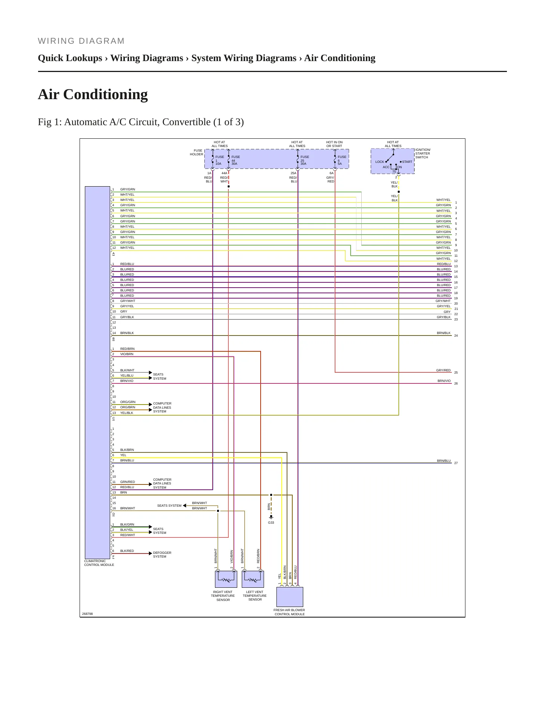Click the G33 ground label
pos(271,523)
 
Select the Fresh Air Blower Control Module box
pos(290,597)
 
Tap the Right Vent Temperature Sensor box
pos(226,579)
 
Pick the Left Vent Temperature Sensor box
pos(253,579)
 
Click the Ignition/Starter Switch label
pos(423,153)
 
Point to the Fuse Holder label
pos(197,152)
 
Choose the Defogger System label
pos(162,555)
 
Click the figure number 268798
pos(88,614)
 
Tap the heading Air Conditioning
pos(93,94)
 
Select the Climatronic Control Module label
pos(99,563)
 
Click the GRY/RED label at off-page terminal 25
pos(444,370)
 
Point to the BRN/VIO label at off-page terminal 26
pos(444,381)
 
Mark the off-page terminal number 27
pos(456,463)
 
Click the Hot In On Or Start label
pos(335,144)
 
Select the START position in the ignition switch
pos(407,162)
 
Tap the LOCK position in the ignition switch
pos(379,162)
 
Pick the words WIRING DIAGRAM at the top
pos(81,41)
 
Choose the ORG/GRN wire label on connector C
pos(128,402)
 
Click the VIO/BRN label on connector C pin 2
pos(127,354)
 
